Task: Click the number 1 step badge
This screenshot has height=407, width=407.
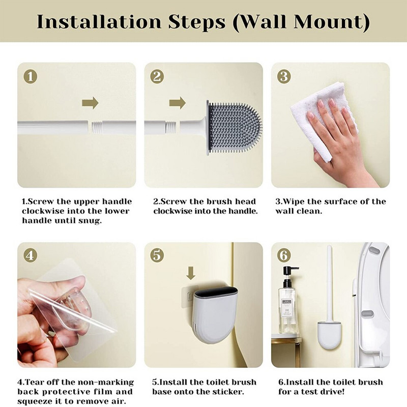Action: (x=31, y=77)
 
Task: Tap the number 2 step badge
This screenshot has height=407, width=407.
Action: (x=157, y=77)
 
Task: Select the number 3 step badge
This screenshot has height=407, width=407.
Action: (x=284, y=77)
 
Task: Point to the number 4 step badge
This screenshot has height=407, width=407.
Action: (x=31, y=255)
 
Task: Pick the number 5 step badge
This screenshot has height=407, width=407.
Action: (x=157, y=255)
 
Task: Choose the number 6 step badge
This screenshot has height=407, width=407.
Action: (x=284, y=255)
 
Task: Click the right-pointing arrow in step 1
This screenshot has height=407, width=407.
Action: (x=91, y=103)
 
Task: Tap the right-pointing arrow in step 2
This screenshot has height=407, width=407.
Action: (x=178, y=103)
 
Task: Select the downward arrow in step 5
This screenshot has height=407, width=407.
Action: (x=191, y=274)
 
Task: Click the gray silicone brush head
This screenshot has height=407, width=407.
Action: (x=234, y=127)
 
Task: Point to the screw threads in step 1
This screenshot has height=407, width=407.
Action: (x=96, y=128)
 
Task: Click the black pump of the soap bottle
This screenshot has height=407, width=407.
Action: (x=289, y=276)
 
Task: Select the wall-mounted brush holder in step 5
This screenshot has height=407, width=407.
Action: (x=216, y=314)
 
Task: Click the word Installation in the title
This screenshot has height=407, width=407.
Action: (x=99, y=22)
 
